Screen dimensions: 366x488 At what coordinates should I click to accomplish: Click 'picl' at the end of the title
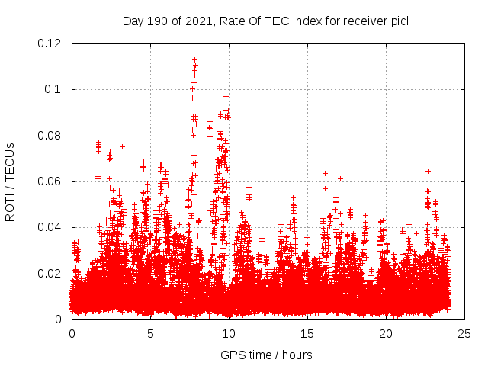(x=399, y=21)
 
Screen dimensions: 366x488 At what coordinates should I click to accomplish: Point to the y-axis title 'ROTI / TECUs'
(x=11, y=182)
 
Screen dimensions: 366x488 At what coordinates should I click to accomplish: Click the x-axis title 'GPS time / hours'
(x=266, y=355)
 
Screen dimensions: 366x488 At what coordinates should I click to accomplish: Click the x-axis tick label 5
(x=150, y=333)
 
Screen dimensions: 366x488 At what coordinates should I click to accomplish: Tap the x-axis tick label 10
(x=229, y=333)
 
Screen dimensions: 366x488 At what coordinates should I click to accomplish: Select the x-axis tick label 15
(x=307, y=333)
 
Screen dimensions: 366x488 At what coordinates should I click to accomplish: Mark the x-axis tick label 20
(x=386, y=333)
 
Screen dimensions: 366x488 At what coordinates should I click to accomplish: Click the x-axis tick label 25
(x=464, y=333)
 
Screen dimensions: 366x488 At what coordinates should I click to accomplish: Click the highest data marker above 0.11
(x=195, y=59)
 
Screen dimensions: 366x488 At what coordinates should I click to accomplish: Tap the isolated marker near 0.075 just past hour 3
(x=122, y=146)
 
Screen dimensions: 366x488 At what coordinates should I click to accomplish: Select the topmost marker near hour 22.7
(x=428, y=171)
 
